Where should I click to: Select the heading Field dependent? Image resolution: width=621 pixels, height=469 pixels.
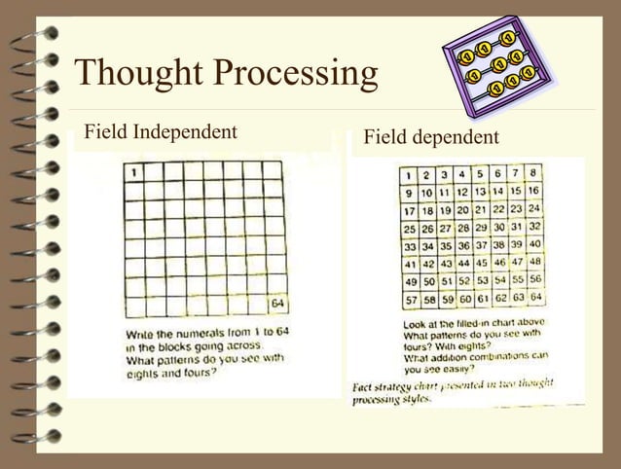[x=431, y=137]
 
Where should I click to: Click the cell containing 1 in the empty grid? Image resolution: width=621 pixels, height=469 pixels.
[x=132, y=172]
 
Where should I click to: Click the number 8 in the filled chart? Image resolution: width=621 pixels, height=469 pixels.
[x=533, y=173]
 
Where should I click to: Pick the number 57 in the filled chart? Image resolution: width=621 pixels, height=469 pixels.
[x=411, y=298]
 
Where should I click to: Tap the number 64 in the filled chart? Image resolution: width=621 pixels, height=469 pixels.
[x=535, y=297]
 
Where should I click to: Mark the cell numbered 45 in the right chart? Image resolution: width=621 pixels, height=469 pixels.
[x=481, y=262]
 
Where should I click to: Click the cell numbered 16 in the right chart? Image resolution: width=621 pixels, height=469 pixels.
[x=533, y=191]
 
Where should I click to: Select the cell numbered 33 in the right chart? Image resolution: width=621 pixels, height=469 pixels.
[x=411, y=245]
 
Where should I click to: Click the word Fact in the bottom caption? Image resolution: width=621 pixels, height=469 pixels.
[x=364, y=387]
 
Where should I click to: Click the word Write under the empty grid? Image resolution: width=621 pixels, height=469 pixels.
[x=141, y=334]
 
